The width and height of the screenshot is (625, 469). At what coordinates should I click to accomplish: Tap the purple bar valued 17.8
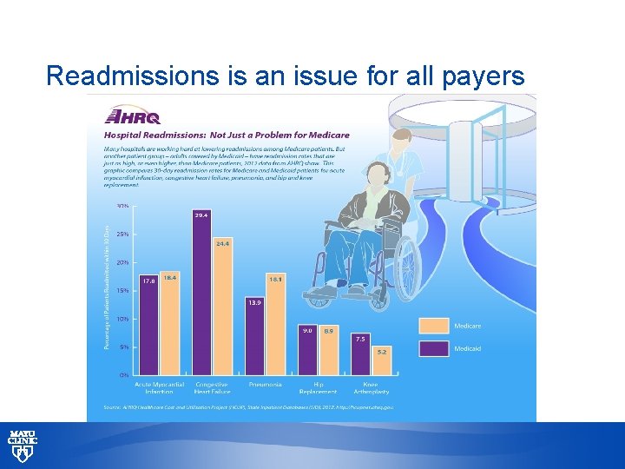click(149, 325)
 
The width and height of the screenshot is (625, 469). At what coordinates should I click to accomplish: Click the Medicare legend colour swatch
click(433, 326)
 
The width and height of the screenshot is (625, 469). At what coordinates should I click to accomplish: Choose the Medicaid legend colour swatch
click(433, 349)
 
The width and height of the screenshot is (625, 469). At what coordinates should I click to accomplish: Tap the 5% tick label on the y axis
click(123, 347)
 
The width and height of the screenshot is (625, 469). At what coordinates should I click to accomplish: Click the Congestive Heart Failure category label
click(213, 387)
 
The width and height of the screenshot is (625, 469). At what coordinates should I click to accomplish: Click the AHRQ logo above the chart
click(131, 116)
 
